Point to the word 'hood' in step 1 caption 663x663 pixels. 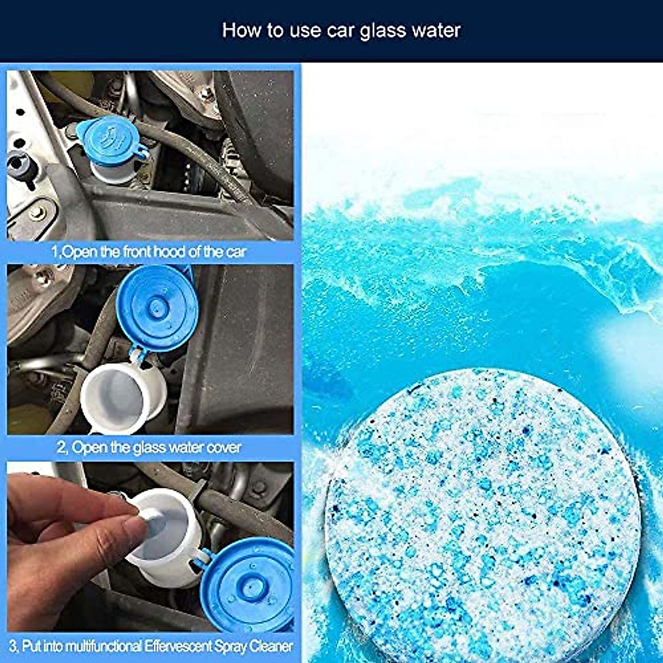point(170,252)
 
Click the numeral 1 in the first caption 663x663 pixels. point(55,252)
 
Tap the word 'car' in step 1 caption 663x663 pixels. point(235,252)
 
